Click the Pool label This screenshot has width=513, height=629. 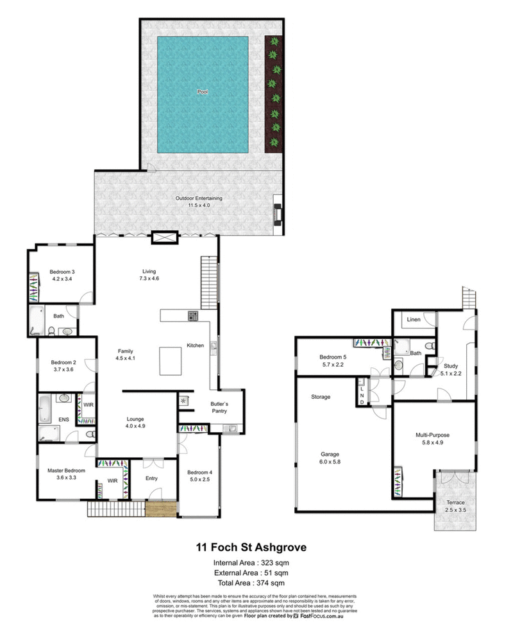pyautogui.click(x=203, y=92)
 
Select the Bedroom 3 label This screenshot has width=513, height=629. pyautogui.click(x=62, y=271)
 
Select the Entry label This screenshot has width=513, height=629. pyautogui.click(x=151, y=478)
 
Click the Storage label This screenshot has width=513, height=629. pyautogui.click(x=321, y=397)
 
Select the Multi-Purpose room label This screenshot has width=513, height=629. pyautogui.click(x=433, y=435)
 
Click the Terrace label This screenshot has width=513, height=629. pyautogui.click(x=457, y=502)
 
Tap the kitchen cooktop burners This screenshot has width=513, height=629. pyautogui.click(x=193, y=315)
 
